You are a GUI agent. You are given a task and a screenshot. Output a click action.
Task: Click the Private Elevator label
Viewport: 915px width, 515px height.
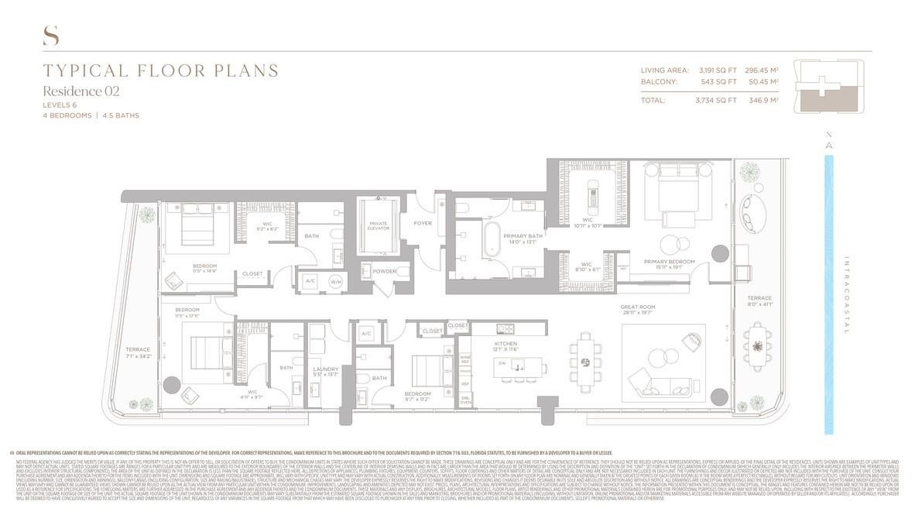tap(378, 226)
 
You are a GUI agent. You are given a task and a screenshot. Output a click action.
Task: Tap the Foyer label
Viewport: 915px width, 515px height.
tap(423, 224)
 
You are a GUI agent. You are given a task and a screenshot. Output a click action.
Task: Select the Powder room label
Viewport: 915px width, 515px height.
tap(384, 272)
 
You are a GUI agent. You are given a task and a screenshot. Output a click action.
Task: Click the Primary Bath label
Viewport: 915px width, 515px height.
tap(523, 239)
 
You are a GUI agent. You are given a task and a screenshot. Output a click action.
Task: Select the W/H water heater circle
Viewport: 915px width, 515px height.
tap(336, 281)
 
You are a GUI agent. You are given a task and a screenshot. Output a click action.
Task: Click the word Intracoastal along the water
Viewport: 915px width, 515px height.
tap(846, 294)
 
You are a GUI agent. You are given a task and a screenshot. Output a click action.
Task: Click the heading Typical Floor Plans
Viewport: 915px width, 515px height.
tap(161, 71)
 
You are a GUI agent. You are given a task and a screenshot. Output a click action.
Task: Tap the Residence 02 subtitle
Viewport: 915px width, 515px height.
tap(81, 91)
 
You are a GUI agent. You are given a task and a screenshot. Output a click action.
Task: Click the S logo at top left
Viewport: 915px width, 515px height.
tap(50, 35)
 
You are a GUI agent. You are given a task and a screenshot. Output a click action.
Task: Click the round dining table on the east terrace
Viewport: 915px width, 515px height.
tap(757, 345)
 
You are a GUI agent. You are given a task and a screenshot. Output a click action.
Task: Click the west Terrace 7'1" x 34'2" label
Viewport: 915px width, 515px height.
tap(138, 353)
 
